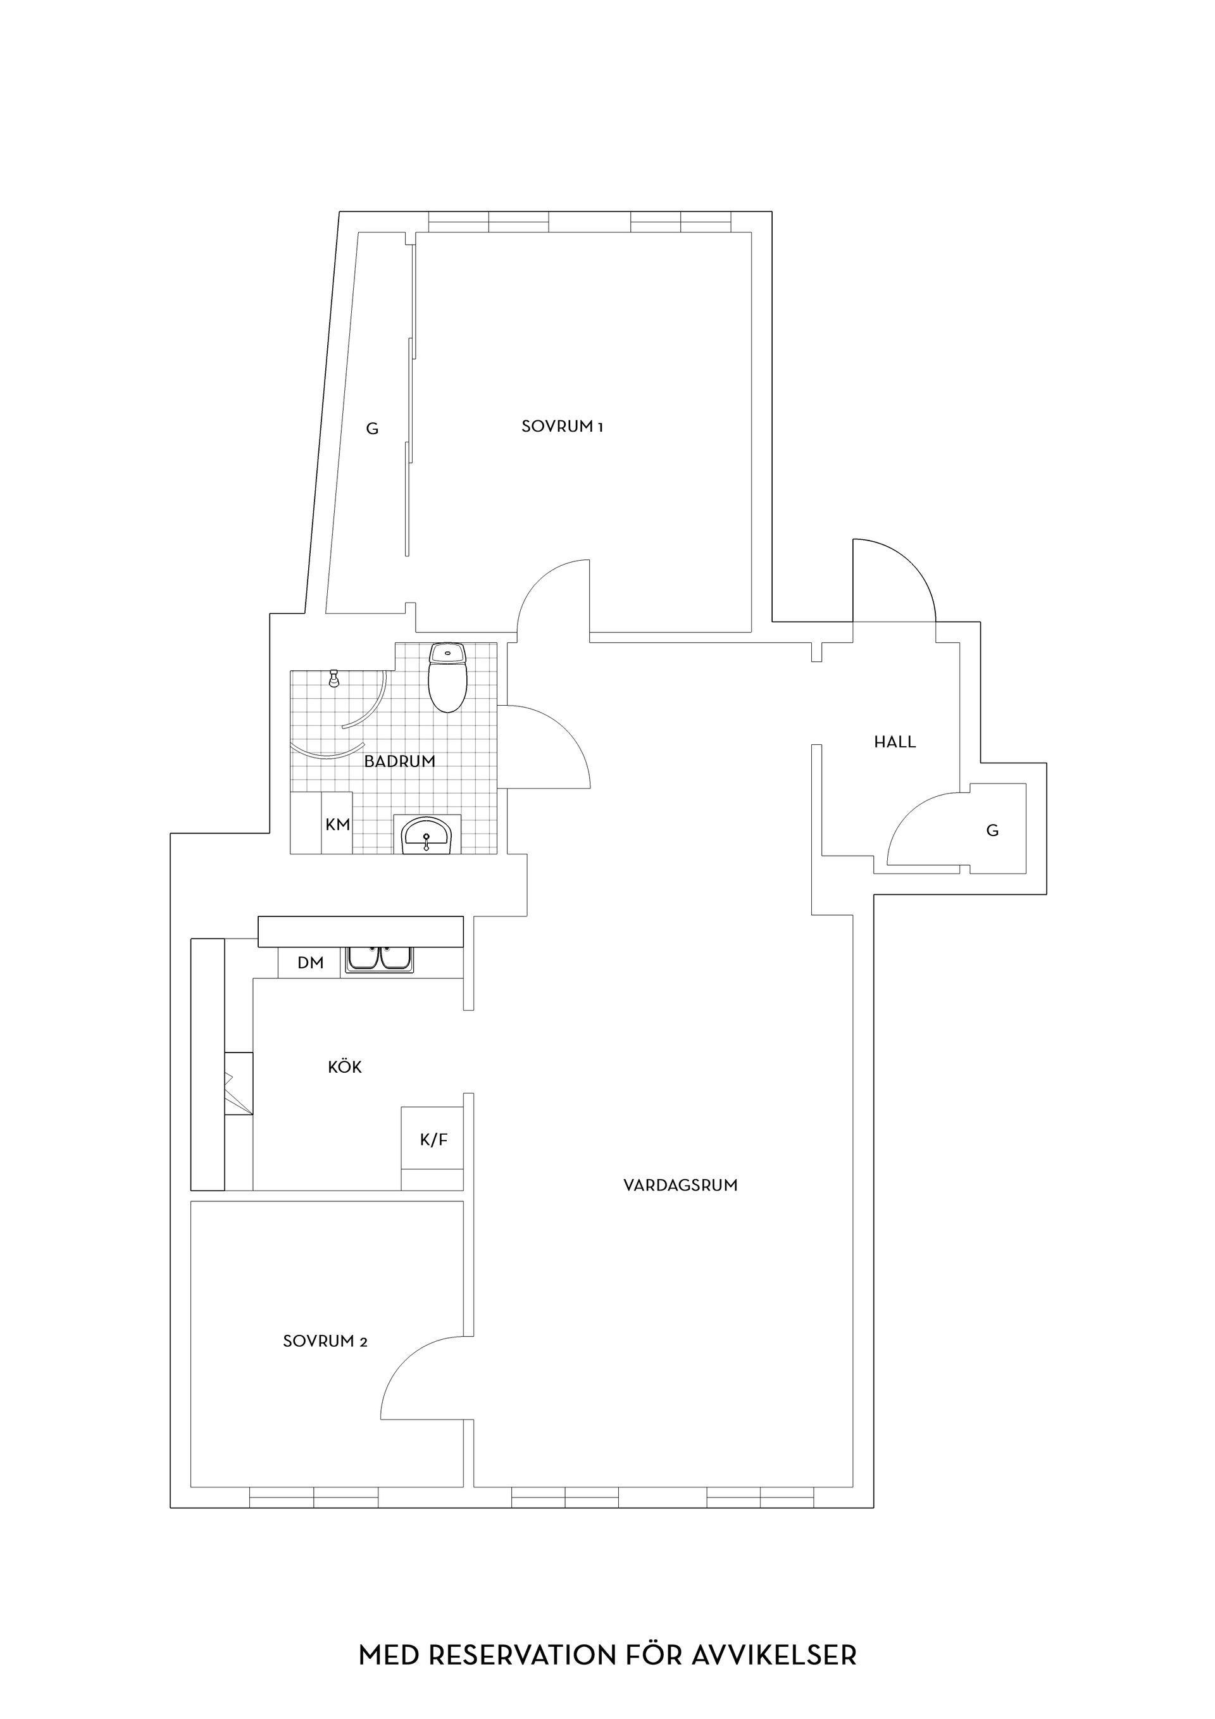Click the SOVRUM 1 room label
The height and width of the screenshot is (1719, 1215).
562,427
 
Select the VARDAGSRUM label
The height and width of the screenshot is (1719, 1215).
680,1185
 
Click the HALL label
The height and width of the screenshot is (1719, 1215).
895,742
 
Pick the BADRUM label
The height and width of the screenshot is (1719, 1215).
400,761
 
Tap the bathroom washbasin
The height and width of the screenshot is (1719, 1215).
427,835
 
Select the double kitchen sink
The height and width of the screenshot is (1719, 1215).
380,960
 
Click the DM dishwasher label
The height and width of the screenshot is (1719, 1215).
311,963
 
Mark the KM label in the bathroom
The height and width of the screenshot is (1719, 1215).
338,824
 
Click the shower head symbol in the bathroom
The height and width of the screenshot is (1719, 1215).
334,678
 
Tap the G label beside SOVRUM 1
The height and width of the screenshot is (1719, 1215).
372,429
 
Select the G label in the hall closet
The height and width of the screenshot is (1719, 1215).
993,830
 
